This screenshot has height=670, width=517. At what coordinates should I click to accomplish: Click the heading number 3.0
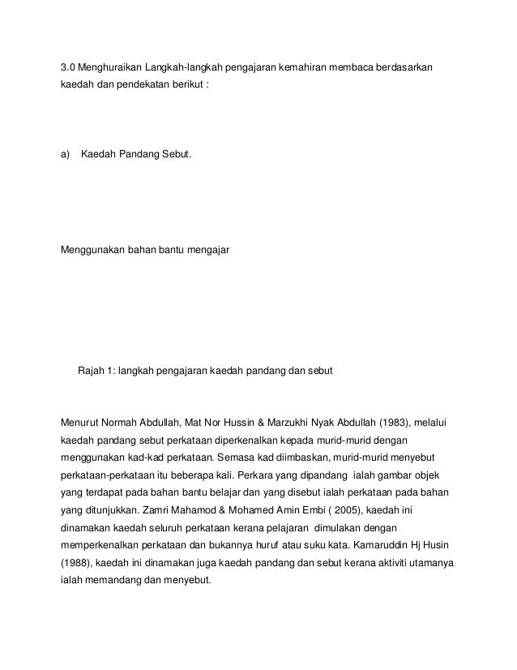point(68,65)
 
